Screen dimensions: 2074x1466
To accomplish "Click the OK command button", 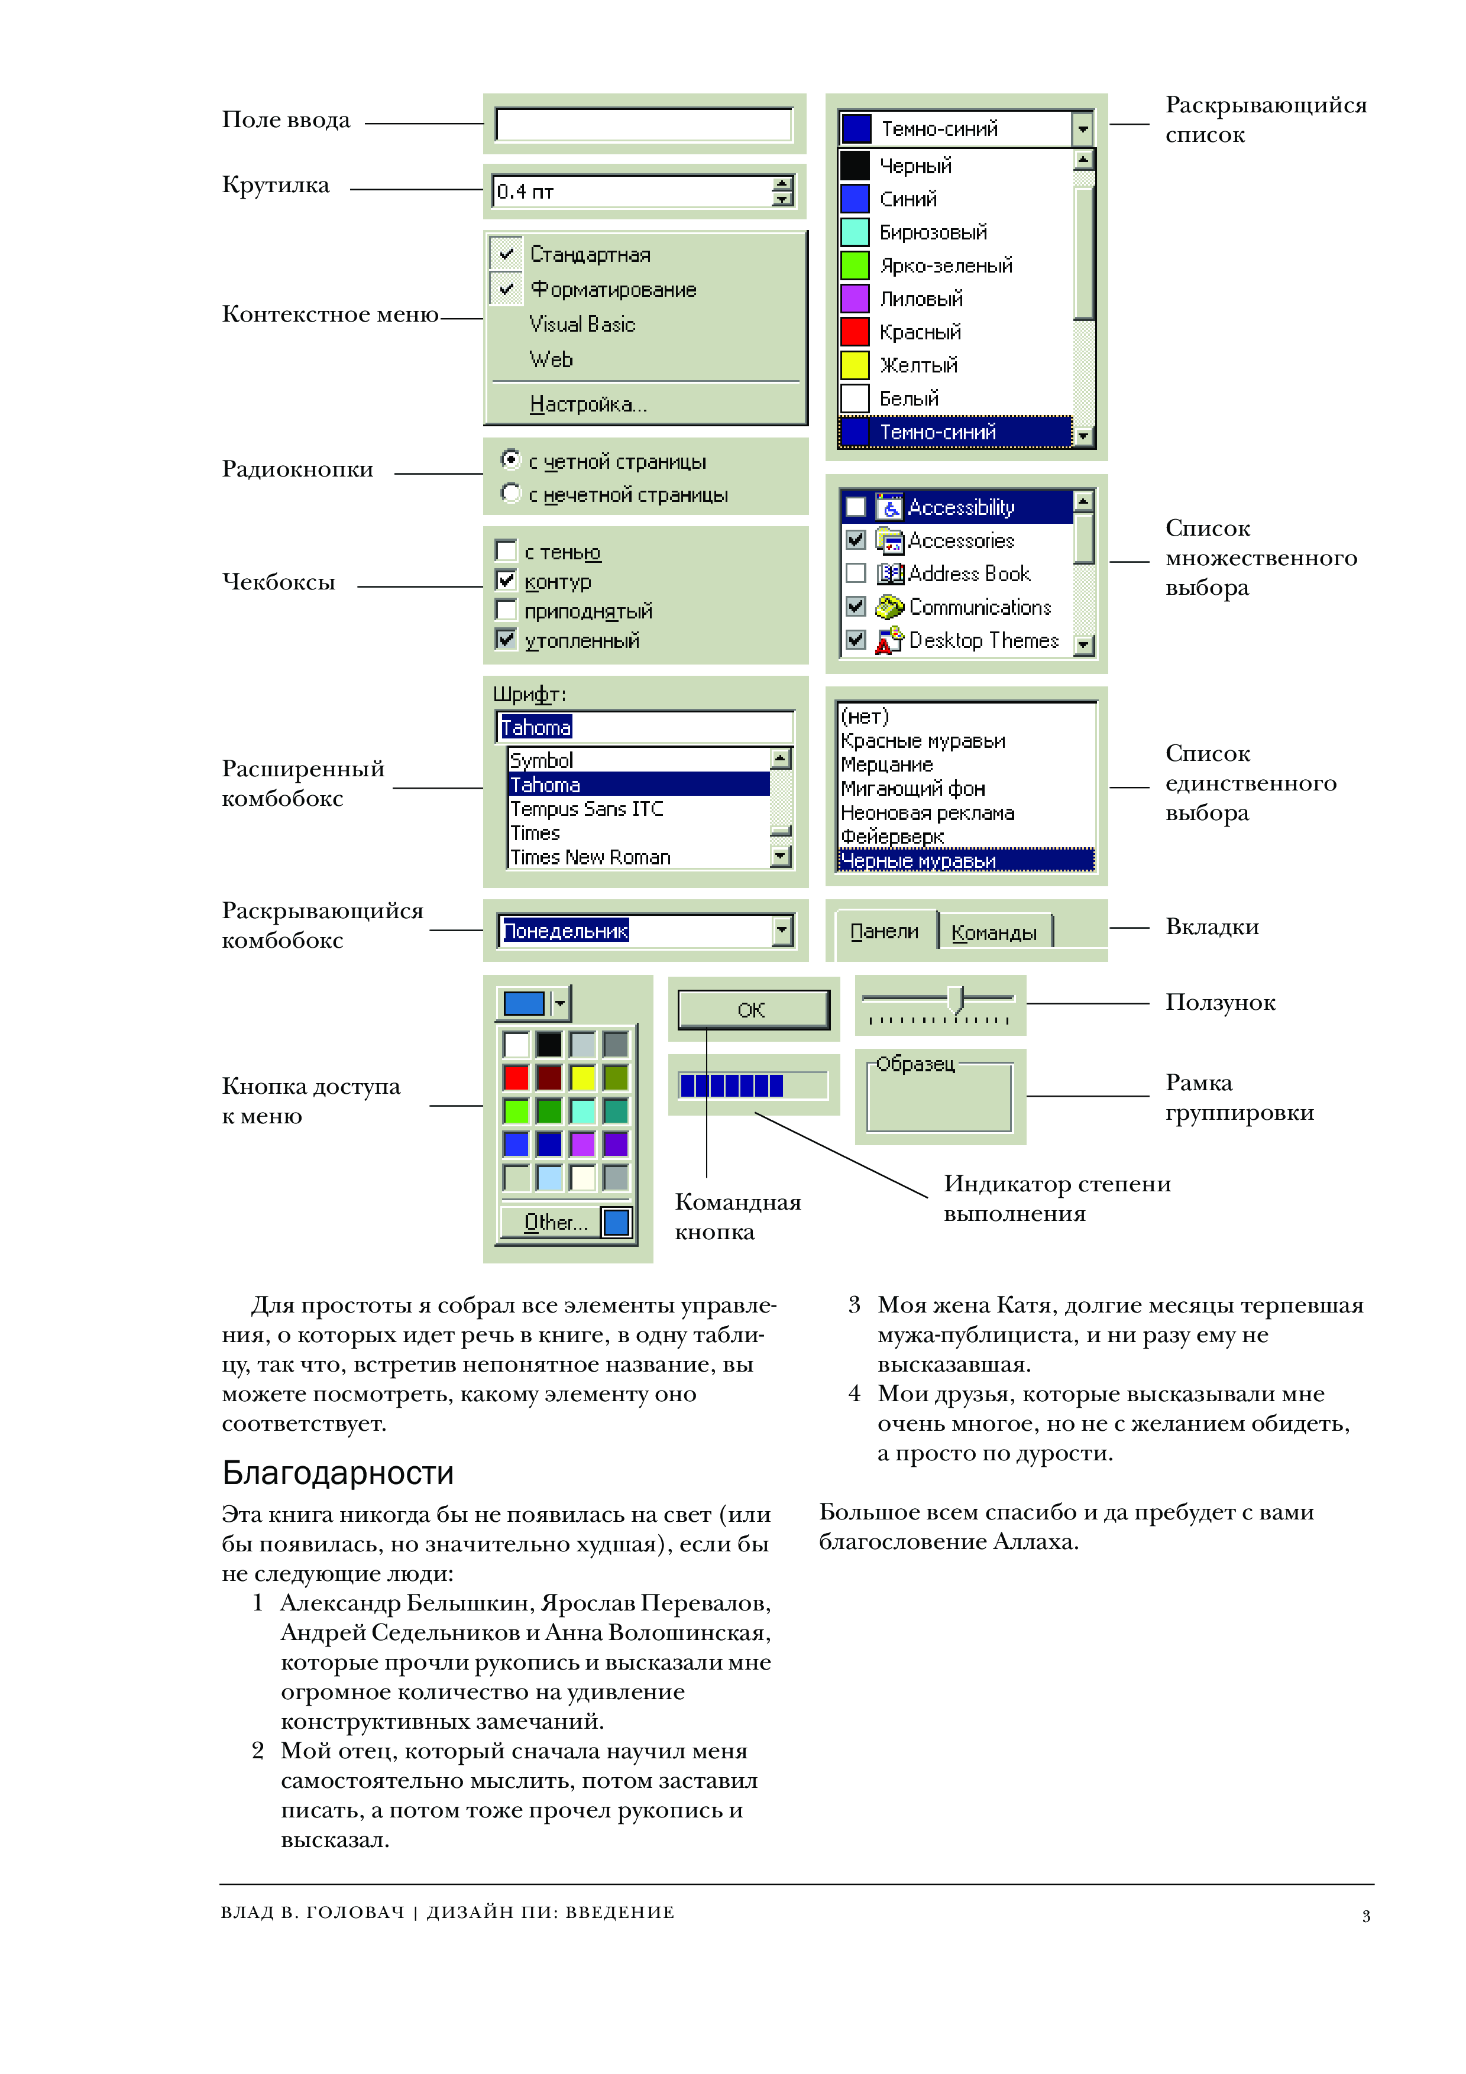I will [x=752, y=1010].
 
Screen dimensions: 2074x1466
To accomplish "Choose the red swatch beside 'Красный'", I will [x=855, y=332].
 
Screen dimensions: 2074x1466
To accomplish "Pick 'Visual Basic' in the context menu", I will [x=582, y=325].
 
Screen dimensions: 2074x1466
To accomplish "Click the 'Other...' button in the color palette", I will [x=555, y=1222].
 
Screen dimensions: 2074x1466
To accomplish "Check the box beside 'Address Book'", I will [x=855, y=573].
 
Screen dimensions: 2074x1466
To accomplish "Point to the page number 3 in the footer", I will [x=1365, y=1916].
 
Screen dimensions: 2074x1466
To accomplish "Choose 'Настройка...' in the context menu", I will [x=588, y=404].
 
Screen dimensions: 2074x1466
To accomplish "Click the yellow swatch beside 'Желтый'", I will [x=855, y=365].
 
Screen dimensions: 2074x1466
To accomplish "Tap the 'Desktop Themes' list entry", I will [x=983, y=640].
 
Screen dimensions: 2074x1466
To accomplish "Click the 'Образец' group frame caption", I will [x=915, y=1064].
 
